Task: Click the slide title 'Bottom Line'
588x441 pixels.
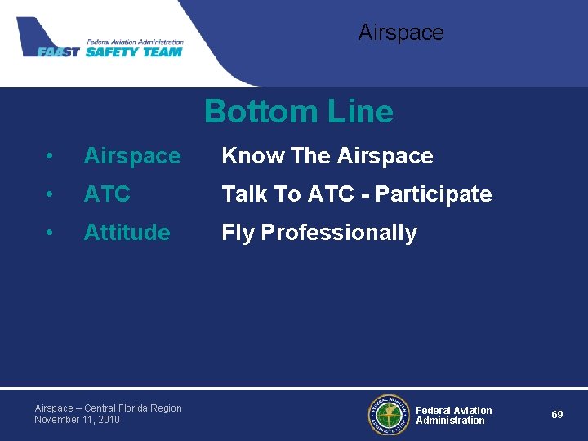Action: pos(298,112)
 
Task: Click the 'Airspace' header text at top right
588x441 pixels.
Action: pos(401,33)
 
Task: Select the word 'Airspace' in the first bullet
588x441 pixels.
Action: pos(132,156)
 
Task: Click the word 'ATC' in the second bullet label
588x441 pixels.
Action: pos(107,194)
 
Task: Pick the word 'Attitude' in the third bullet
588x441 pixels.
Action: pos(127,233)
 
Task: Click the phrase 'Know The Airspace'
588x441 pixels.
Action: pos(327,156)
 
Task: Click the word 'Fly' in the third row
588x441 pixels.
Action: pos(238,234)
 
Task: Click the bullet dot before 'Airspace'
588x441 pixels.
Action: pos(51,157)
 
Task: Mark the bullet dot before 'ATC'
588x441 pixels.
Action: pos(51,195)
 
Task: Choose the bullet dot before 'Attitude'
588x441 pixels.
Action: pos(51,234)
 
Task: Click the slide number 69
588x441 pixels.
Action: pos(557,415)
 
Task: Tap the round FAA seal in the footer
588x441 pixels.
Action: pos(388,415)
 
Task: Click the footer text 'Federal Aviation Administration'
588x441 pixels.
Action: pos(453,416)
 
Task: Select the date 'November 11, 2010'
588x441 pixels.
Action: pos(77,420)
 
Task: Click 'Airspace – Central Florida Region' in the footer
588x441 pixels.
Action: pos(108,408)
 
